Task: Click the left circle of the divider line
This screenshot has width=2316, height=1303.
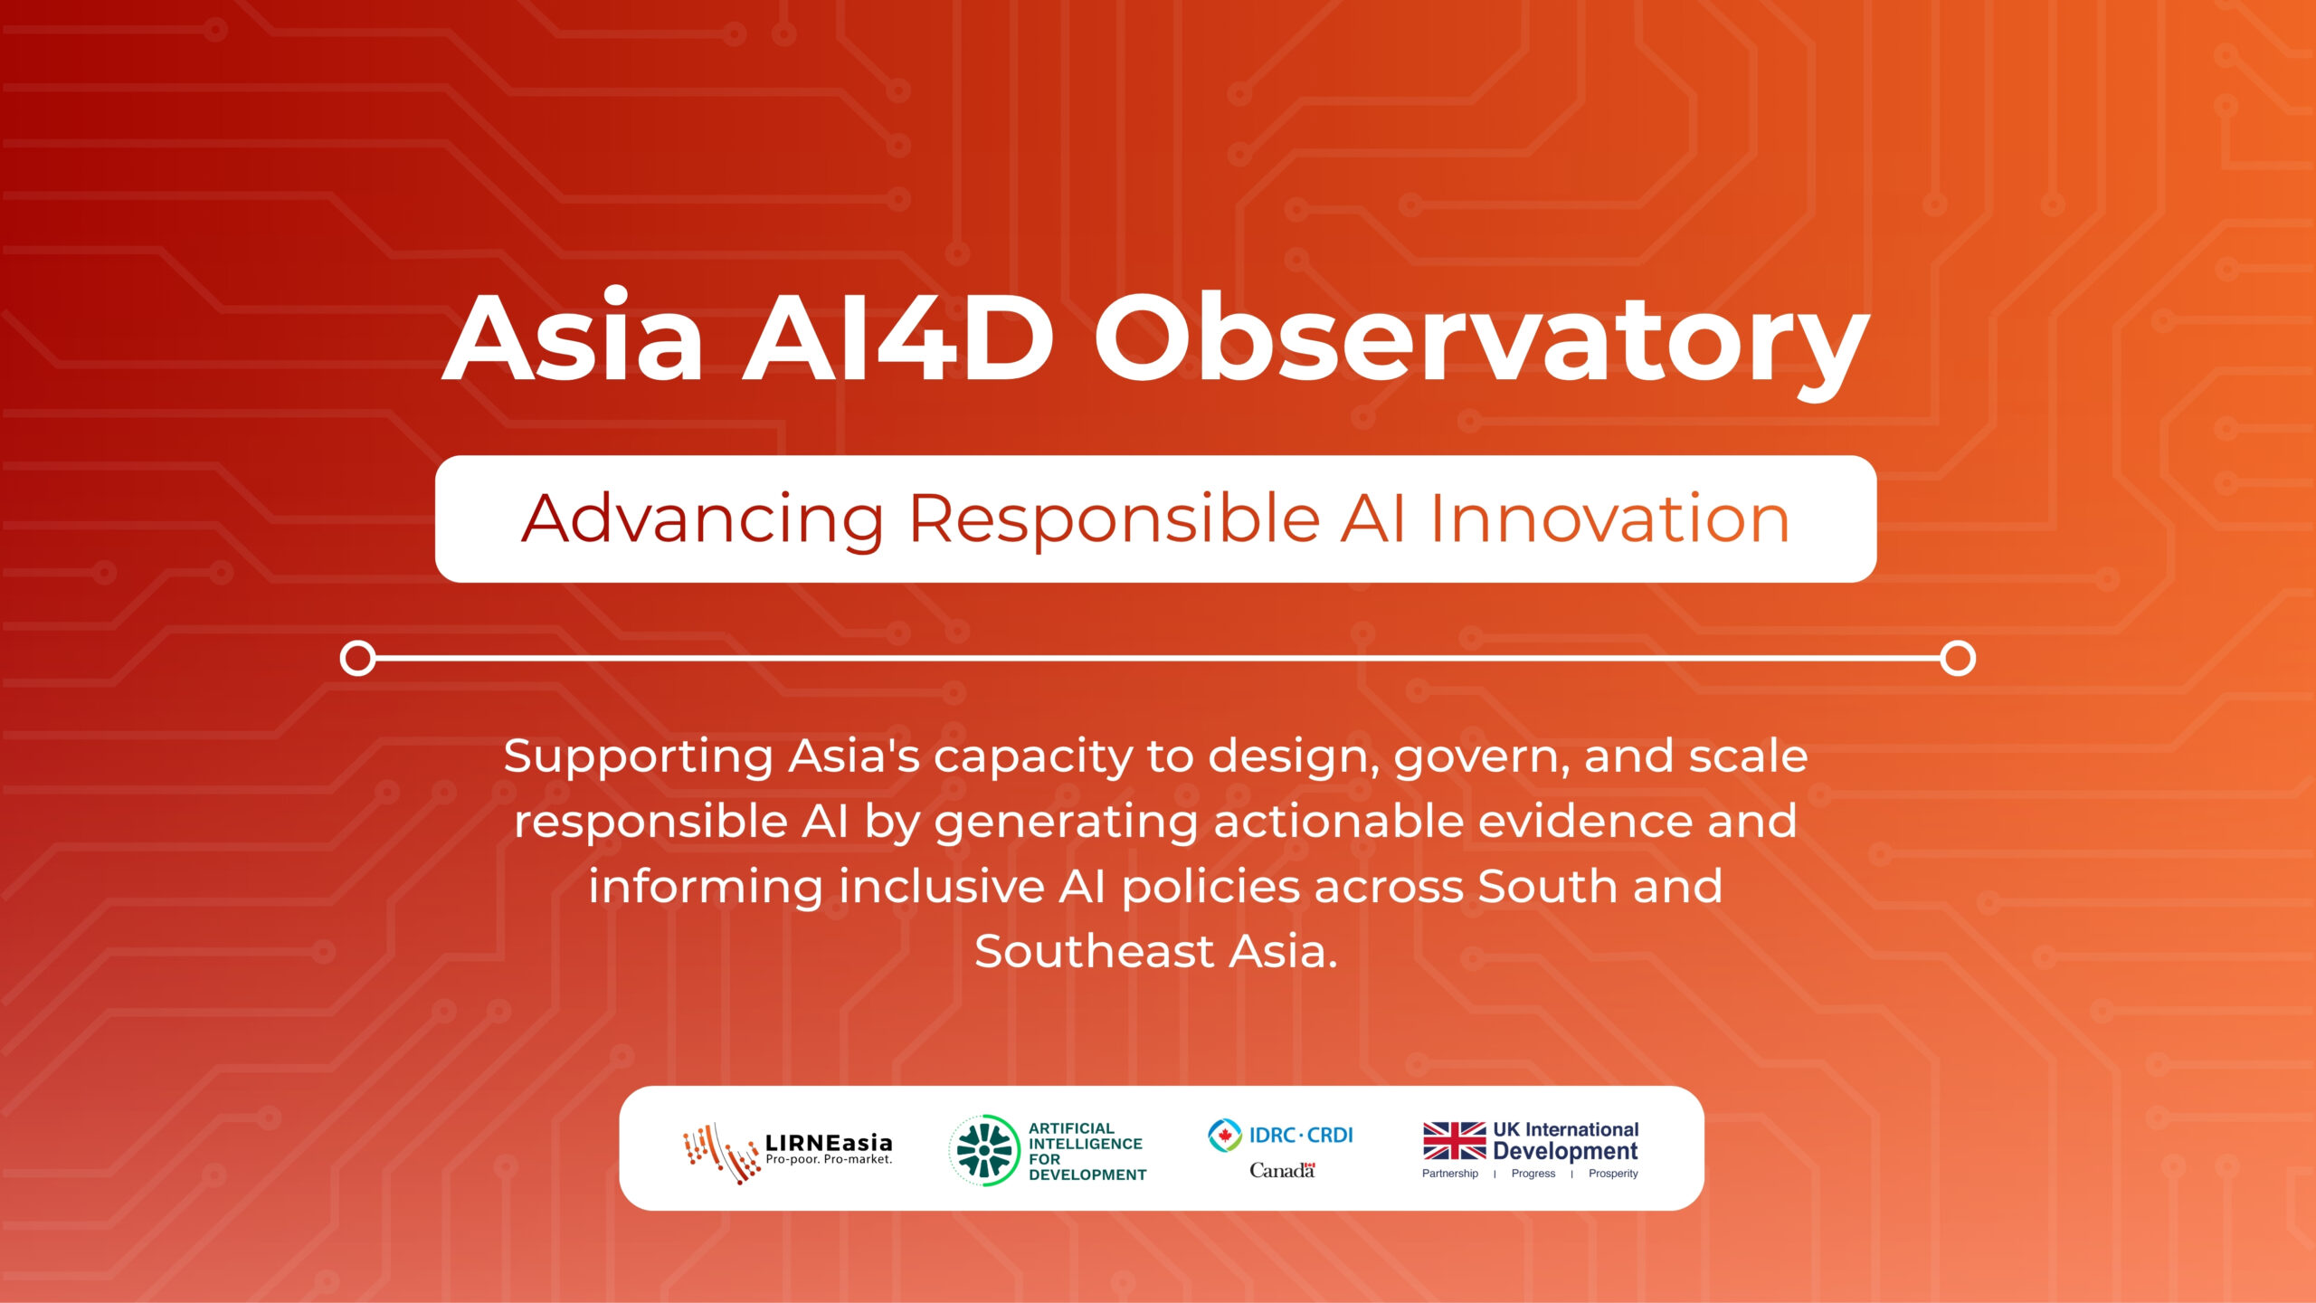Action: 357,658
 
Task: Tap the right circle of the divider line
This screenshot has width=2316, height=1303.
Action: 1958,658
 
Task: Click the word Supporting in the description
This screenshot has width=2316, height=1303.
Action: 638,758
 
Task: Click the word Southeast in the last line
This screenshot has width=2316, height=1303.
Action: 1094,952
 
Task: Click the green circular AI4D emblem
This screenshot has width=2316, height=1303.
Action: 984,1150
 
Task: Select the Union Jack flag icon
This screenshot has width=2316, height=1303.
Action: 1454,1141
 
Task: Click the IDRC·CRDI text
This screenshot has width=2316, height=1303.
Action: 1301,1135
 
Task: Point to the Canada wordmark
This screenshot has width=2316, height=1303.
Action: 1282,1170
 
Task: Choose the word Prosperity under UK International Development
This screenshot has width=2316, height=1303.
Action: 1613,1174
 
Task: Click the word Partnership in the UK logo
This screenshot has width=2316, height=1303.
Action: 1450,1174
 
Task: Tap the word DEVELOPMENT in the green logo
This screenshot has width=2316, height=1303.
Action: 1087,1175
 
